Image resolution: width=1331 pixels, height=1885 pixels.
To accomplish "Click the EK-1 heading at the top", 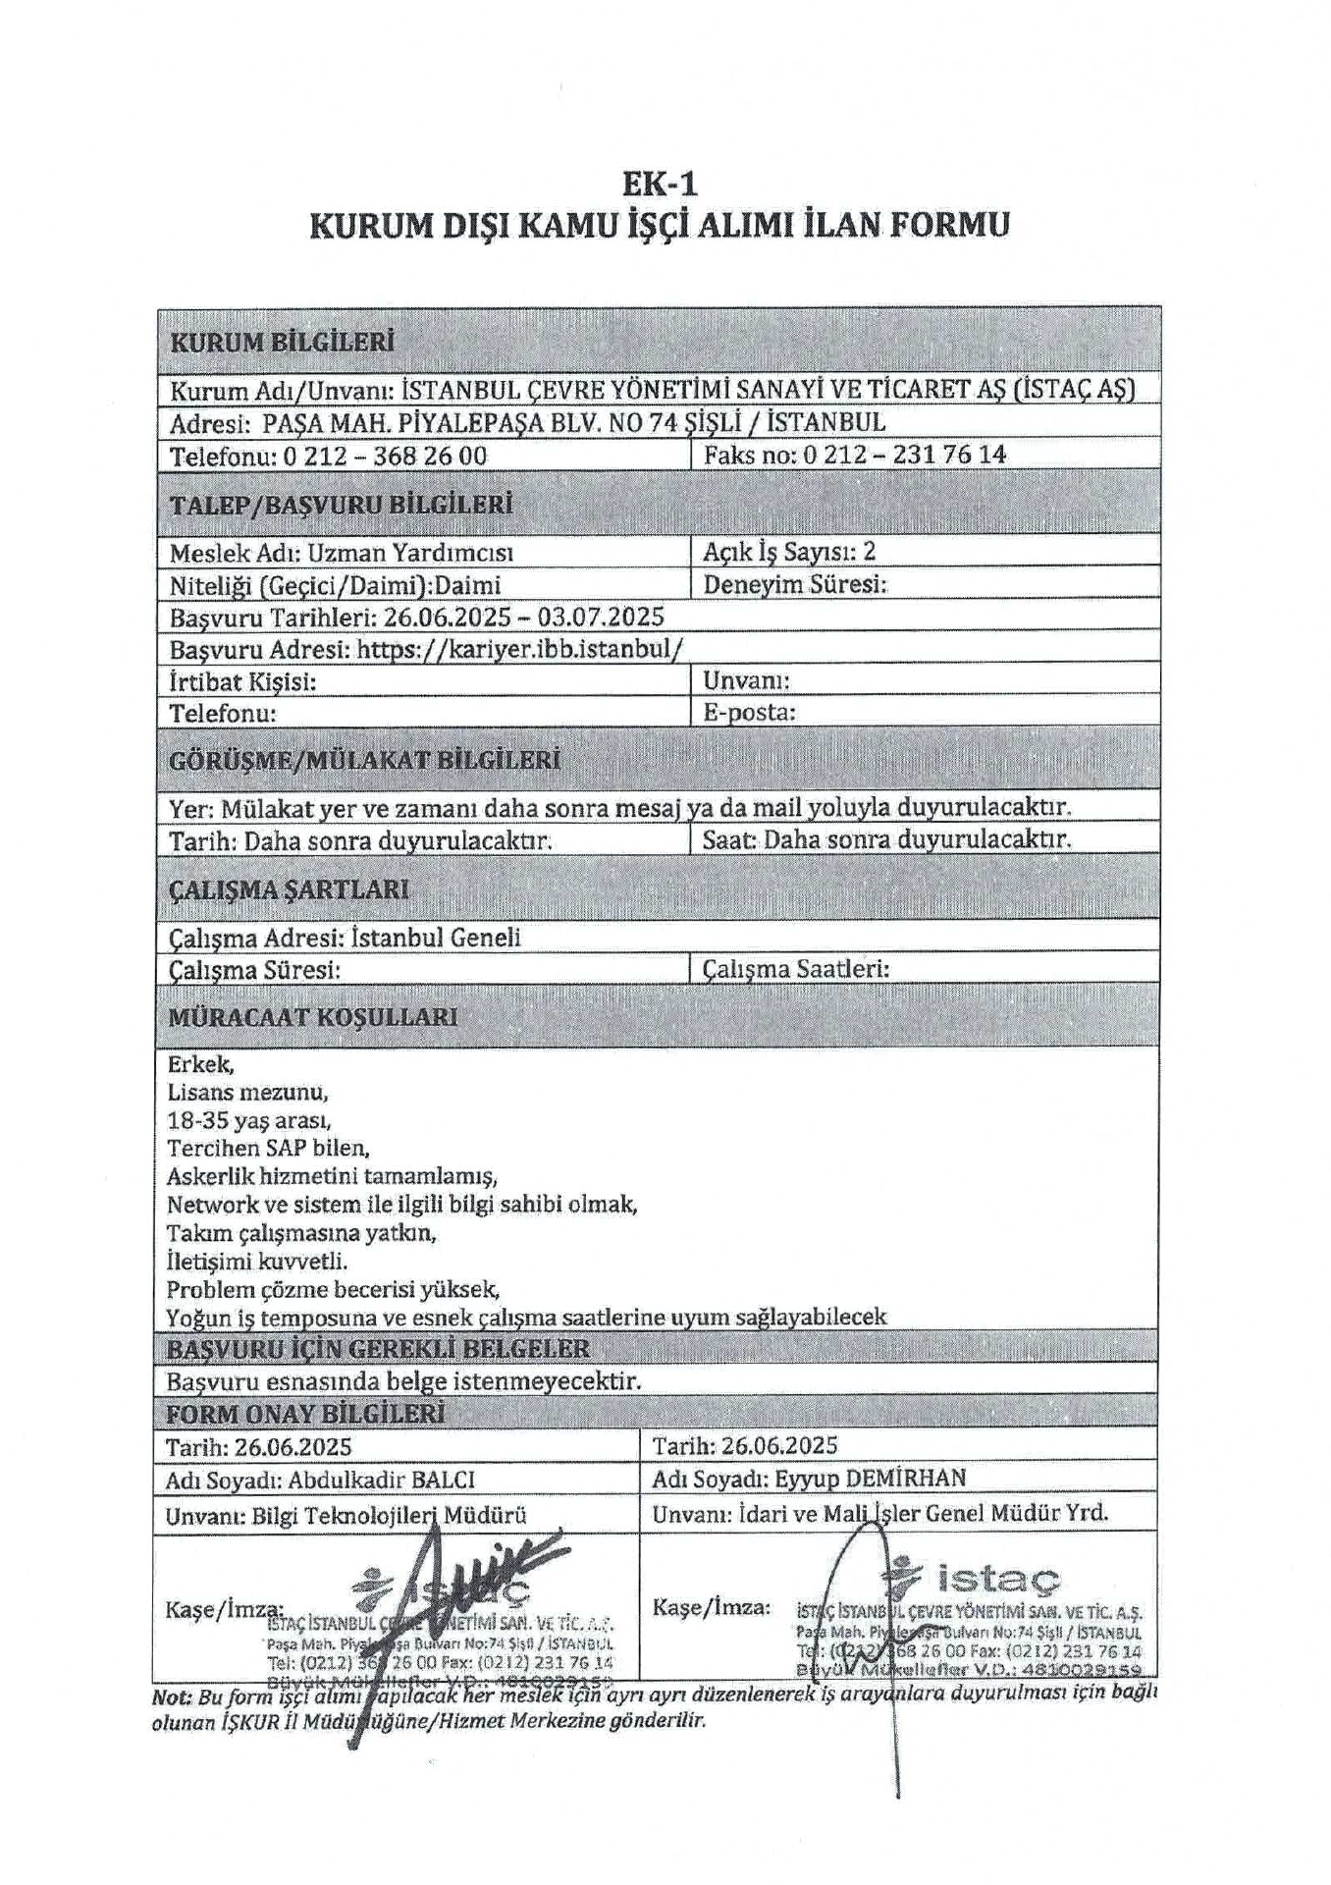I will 660,184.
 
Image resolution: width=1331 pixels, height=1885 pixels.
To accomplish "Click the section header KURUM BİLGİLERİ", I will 282,343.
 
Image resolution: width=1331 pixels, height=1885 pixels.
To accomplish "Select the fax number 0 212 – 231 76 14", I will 904,454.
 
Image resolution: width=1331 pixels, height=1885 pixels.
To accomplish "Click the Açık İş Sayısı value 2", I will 869,551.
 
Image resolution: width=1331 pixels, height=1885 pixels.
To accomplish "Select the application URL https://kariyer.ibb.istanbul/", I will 519,649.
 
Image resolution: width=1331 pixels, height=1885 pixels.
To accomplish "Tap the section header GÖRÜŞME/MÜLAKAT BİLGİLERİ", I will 364,761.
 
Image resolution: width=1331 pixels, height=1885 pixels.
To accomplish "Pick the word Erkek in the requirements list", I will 200,1064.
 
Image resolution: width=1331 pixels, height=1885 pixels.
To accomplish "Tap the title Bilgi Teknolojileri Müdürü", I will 389,1515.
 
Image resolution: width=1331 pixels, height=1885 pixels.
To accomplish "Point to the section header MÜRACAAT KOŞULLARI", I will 312,1017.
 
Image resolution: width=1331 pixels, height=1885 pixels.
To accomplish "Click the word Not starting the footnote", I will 171,1697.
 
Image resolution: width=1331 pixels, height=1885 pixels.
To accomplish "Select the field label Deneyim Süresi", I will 794,584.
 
